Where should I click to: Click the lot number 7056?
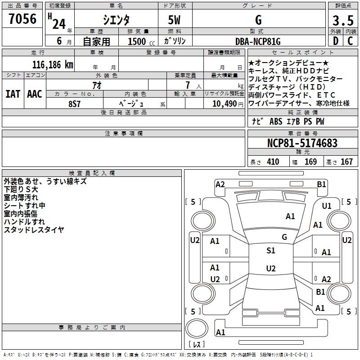click(x=22, y=19)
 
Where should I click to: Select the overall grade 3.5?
click(x=343, y=21)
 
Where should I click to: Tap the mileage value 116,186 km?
click(x=53, y=65)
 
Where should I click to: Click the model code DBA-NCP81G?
click(x=258, y=41)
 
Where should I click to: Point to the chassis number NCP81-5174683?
click(x=302, y=143)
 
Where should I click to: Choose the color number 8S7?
click(x=74, y=104)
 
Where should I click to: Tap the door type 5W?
click(x=174, y=20)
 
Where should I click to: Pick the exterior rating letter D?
click(x=336, y=41)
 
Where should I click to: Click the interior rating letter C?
click(x=350, y=41)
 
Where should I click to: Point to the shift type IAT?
click(x=13, y=94)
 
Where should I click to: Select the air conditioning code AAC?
click(x=35, y=94)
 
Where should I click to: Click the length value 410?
click(x=273, y=162)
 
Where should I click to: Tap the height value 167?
click(x=346, y=162)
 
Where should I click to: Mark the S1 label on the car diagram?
click(x=271, y=251)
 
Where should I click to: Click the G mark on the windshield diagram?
click(x=284, y=237)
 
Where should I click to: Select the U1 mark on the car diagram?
click(x=327, y=206)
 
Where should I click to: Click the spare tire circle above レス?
click(x=197, y=328)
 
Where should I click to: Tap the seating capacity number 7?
click(x=188, y=85)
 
